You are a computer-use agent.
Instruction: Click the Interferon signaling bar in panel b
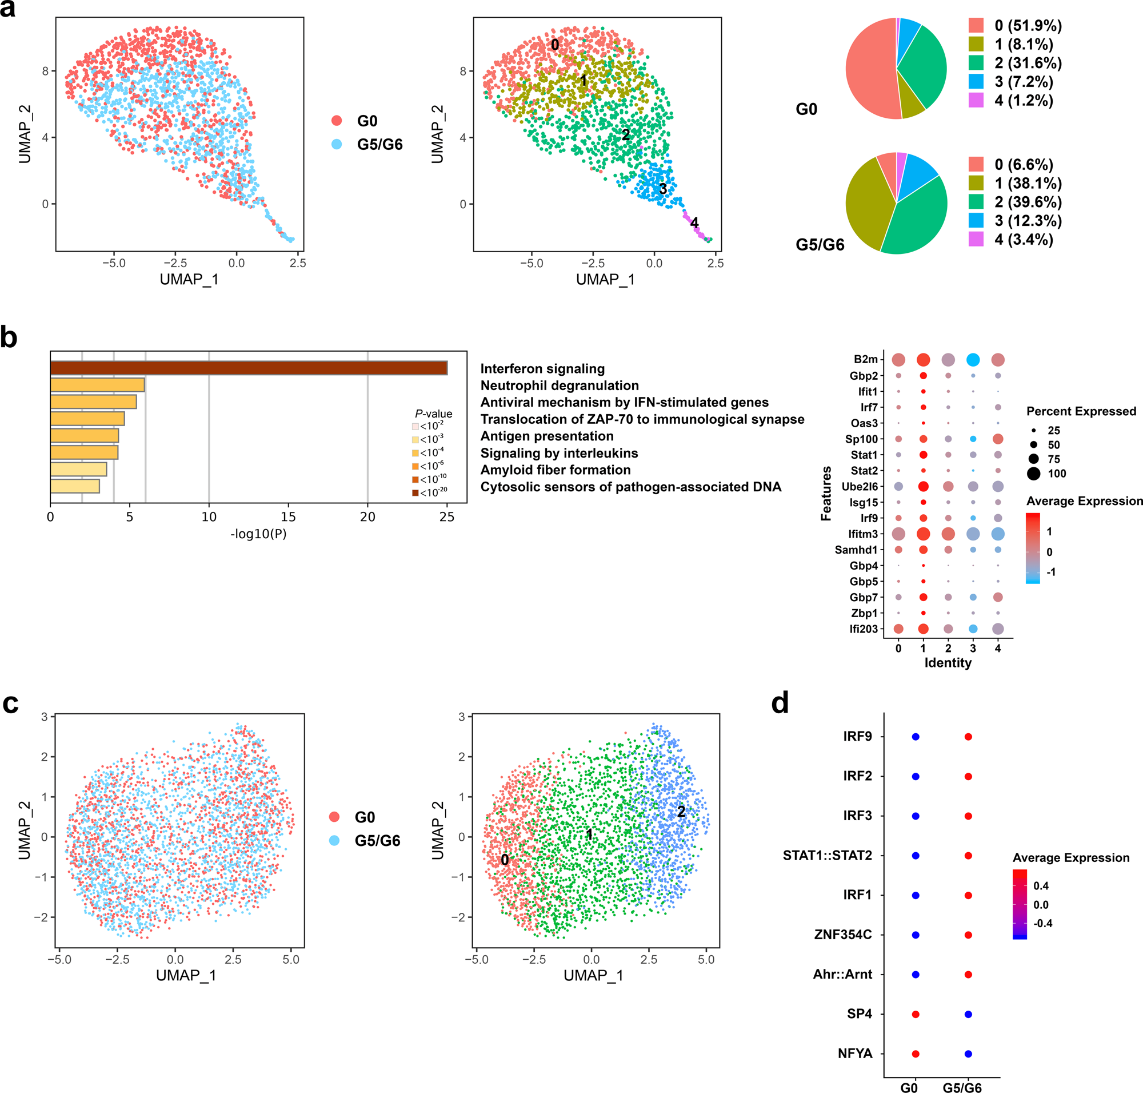pyautogui.click(x=249, y=368)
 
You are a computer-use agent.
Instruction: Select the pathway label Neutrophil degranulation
pyautogui.click(x=559, y=385)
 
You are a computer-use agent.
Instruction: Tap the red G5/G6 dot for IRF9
pyautogui.click(x=968, y=737)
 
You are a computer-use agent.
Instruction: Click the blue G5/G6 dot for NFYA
pyautogui.click(x=968, y=1054)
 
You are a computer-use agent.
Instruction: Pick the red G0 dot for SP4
pyautogui.click(x=916, y=1014)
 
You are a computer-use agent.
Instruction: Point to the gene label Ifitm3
pyautogui.click(x=862, y=534)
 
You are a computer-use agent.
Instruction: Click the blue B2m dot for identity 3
pyautogui.click(x=972, y=360)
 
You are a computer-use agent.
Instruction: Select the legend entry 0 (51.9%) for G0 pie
pyautogui.click(x=1027, y=26)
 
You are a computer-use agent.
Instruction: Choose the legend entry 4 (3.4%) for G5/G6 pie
pyautogui.click(x=1023, y=240)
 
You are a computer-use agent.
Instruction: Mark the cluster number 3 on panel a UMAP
pyautogui.click(x=662, y=189)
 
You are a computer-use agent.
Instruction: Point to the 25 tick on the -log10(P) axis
pyautogui.click(x=446, y=517)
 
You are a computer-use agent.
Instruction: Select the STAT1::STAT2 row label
pyautogui.click(x=827, y=855)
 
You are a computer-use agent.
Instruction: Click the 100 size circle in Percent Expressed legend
pyautogui.click(x=1033, y=474)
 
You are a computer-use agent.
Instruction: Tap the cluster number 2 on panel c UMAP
pyautogui.click(x=681, y=812)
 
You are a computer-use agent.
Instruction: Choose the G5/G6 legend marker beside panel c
pyautogui.click(x=334, y=840)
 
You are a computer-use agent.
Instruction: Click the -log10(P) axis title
pyautogui.click(x=258, y=534)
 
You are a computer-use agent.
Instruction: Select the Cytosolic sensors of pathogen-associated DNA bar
pyautogui.click(x=75, y=486)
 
